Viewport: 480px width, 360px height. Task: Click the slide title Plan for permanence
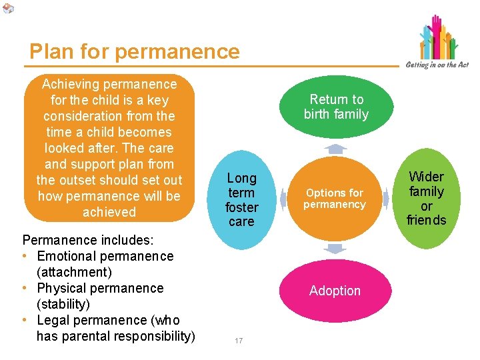click(x=134, y=52)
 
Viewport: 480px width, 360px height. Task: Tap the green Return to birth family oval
click(x=336, y=107)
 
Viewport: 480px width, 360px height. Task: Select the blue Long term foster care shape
click(x=241, y=199)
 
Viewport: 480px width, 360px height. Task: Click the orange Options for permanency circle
click(x=335, y=199)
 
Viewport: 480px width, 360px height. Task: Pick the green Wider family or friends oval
click(x=427, y=198)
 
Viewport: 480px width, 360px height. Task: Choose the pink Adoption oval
click(x=335, y=291)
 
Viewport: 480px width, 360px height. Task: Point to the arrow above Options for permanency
click(x=335, y=149)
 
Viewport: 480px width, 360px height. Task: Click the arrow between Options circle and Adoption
click(x=335, y=249)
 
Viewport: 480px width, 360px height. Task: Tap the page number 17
click(x=239, y=341)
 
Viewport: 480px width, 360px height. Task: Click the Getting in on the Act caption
click(x=437, y=65)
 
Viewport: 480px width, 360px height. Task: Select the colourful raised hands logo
click(x=438, y=37)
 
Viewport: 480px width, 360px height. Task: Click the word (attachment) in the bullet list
click(x=74, y=272)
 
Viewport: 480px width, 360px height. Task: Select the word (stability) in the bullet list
click(x=63, y=304)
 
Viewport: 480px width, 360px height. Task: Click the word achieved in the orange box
click(x=109, y=212)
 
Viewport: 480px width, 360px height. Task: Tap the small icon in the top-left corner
click(x=7, y=7)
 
